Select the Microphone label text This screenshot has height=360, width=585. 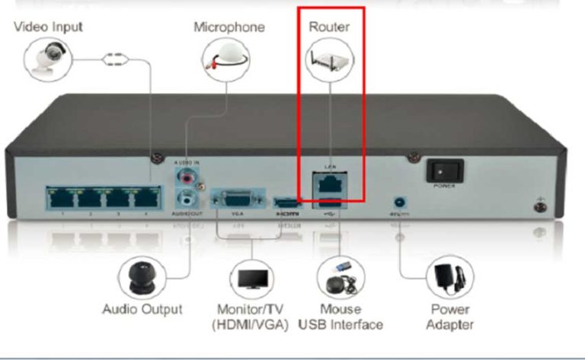(x=229, y=27)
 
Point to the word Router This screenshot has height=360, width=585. (x=329, y=27)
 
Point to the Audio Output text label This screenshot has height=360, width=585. (x=142, y=310)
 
